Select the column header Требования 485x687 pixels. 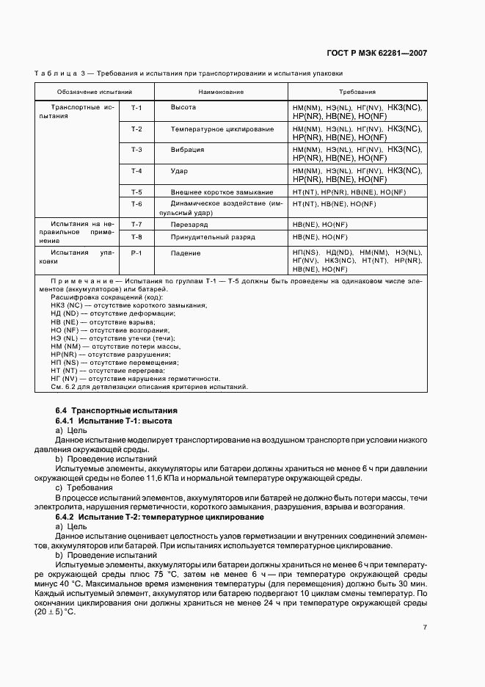357,92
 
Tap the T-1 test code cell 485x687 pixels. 136,108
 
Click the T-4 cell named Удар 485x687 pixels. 178,171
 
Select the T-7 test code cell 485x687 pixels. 136,223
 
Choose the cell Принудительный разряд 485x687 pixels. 213,237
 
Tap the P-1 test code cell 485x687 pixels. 136,252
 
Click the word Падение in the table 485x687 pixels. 186,252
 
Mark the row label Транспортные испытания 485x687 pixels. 77,112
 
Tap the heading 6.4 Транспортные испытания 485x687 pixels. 116,410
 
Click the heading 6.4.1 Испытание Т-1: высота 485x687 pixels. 114,421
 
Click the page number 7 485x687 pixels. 425,627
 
